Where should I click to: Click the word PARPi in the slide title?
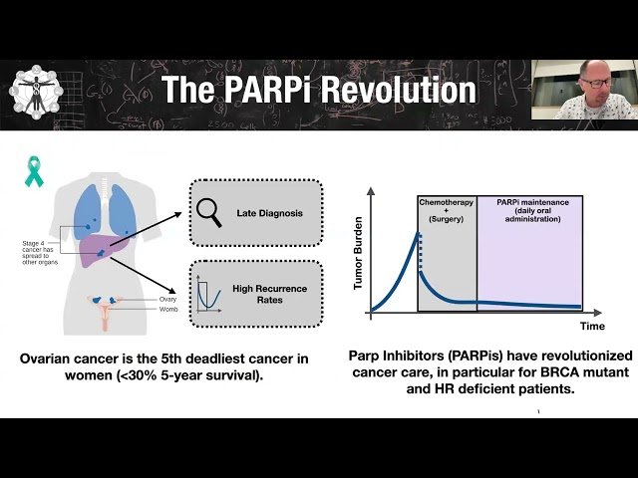276,90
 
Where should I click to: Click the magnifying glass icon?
210,211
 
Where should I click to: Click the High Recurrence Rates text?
268,293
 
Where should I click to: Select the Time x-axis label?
593,326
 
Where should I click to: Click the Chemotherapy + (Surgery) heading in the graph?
446,210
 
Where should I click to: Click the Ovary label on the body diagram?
167,299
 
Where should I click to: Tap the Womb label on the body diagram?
167,310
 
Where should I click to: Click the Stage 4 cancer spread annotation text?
42,251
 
